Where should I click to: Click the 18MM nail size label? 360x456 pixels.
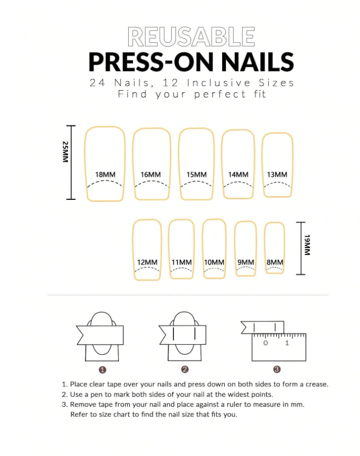106,174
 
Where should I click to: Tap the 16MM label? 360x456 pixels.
151,174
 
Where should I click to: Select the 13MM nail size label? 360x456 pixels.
277,174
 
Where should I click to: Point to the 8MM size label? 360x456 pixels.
275,262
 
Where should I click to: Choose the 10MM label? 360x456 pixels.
214,262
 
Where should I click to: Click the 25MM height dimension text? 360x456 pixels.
65,152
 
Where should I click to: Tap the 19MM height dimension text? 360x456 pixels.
307,245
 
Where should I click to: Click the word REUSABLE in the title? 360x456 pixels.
191,37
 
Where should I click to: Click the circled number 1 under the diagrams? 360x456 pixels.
102,370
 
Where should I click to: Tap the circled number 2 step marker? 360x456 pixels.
185,370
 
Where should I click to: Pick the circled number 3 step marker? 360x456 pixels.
277,370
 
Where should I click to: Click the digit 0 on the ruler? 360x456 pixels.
266,343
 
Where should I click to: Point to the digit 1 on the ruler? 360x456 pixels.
287,343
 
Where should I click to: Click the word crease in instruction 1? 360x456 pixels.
316,384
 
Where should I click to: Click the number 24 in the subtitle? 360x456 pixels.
98,83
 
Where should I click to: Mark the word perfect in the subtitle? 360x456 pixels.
220,94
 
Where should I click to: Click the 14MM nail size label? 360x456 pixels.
238,174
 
